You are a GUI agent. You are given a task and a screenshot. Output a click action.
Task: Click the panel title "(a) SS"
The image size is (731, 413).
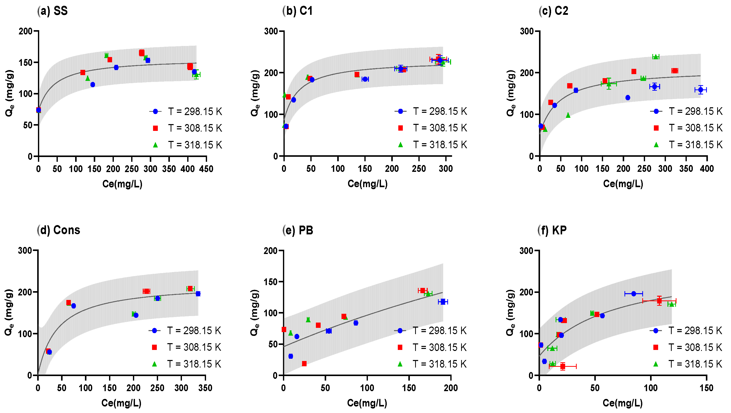pos(53,11)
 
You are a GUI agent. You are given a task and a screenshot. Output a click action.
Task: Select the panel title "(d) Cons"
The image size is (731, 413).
pos(59,230)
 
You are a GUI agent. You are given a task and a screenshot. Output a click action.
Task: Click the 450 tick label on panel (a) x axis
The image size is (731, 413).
pos(206,169)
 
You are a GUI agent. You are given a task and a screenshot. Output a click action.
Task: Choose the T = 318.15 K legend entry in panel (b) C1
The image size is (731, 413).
pos(431,145)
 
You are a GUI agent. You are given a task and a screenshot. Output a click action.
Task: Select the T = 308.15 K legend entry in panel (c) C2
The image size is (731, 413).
pos(687,128)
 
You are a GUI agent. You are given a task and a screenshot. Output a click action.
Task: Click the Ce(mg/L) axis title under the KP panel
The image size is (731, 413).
pos(623,403)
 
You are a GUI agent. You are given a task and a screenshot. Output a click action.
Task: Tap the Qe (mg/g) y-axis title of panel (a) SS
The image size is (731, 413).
pos(9,93)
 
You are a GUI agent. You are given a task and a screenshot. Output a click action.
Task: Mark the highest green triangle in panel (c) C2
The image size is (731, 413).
pos(656,57)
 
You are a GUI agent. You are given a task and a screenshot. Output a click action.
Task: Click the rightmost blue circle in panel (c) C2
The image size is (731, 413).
pos(701,90)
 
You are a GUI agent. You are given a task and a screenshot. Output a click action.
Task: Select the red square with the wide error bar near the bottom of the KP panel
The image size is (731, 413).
pos(563,367)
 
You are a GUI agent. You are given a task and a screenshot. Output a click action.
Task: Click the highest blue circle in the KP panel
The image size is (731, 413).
pos(634,294)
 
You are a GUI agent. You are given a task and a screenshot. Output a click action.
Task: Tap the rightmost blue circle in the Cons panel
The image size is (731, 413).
pos(198,294)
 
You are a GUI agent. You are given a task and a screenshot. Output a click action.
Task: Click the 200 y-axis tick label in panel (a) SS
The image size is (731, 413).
pos(26,31)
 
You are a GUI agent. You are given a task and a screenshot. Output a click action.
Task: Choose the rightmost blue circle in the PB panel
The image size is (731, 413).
pos(443,302)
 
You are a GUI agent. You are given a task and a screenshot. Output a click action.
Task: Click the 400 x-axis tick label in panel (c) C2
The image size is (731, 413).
pos(707,169)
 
